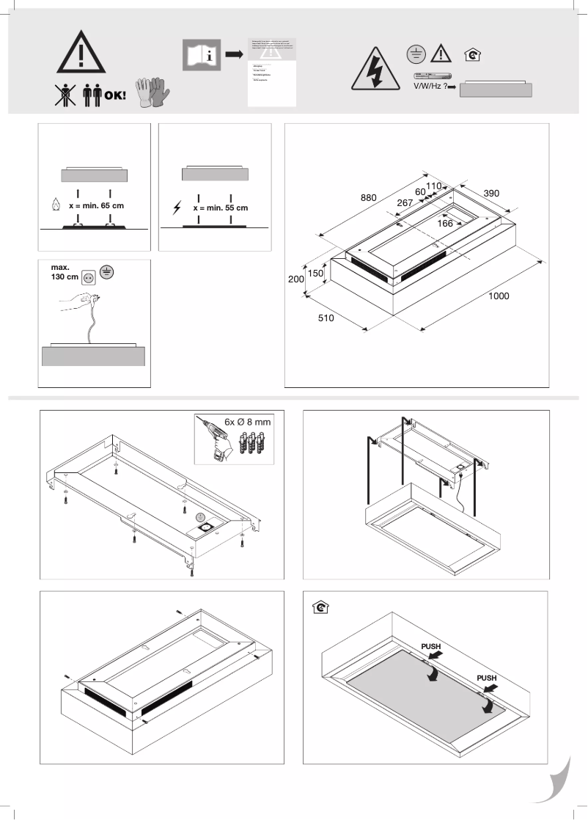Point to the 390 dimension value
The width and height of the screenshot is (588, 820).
[491, 193]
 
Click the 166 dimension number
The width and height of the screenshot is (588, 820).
[445, 223]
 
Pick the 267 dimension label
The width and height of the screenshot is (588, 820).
[405, 202]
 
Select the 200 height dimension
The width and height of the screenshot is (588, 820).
[294, 279]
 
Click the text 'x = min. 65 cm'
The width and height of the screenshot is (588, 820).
[96, 206]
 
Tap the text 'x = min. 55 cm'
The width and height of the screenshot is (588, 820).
[220, 208]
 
